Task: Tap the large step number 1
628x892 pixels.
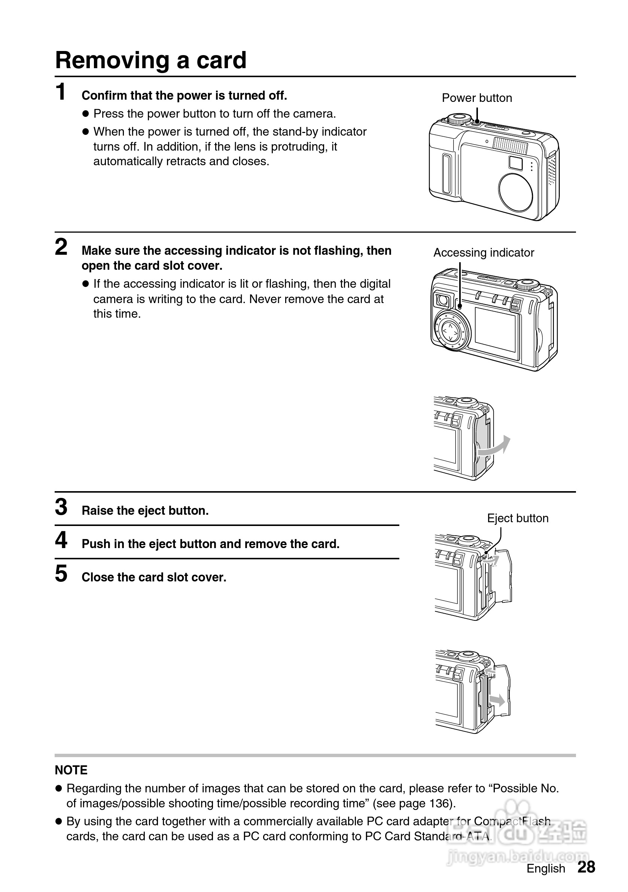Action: click(61, 92)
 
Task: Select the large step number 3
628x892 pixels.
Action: click(61, 507)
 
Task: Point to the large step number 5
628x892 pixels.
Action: click(61, 574)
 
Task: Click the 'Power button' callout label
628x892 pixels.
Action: click(477, 98)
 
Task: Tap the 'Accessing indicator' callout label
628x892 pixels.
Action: click(484, 253)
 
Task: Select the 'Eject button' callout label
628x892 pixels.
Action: click(517, 518)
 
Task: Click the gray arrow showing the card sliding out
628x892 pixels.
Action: click(497, 700)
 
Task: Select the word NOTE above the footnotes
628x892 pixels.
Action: click(71, 770)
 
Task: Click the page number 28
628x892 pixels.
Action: click(586, 867)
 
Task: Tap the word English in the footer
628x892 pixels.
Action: click(545, 868)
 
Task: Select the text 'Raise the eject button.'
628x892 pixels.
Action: click(145, 511)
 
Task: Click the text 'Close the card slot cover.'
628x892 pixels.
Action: click(154, 577)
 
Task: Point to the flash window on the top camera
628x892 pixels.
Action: click(510, 146)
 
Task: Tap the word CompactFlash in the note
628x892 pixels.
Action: click(512, 821)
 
